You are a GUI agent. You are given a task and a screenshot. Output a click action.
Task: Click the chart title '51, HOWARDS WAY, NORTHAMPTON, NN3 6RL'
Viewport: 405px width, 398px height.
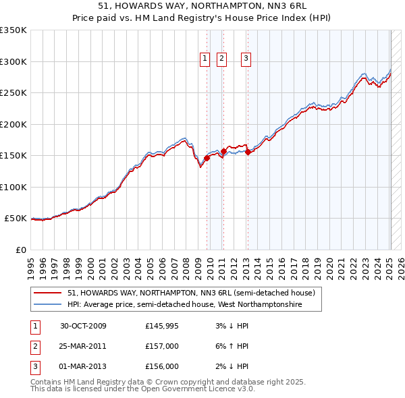pyautogui.click(x=202, y=7)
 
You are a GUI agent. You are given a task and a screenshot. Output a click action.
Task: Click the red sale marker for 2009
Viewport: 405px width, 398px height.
pyautogui.click(x=207, y=158)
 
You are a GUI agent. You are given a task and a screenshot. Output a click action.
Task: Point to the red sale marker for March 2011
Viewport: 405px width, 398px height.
pyautogui.click(x=223, y=151)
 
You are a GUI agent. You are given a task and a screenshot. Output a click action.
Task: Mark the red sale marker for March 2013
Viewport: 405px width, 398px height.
pyautogui.click(x=248, y=152)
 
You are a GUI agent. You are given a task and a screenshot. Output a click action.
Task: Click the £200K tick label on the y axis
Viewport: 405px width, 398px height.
pyautogui.click(x=13, y=124)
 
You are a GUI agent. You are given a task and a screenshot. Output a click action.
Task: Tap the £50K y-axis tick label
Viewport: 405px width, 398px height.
pyautogui.click(x=16, y=219)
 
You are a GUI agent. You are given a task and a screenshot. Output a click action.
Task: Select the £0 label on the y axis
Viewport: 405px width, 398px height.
pyautogui.click(x=22, y=250)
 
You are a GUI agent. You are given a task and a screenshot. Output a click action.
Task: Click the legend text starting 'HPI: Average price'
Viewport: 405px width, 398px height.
pyautogui.click(x=184, y=305)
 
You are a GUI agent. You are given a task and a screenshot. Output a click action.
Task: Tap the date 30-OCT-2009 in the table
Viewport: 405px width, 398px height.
pyautogui.click(x=83, y=326)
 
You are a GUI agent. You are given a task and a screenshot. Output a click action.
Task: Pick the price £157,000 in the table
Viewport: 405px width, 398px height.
pyautogui.click(x=162, y=346)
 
